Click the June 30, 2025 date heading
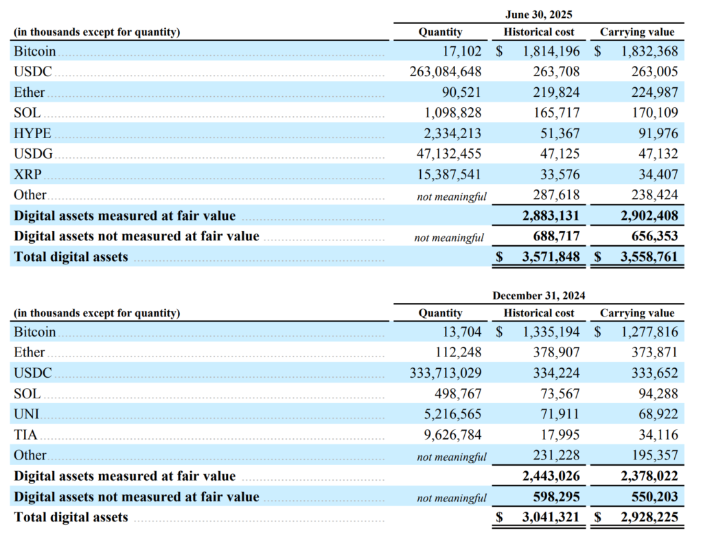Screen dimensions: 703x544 (538, 14)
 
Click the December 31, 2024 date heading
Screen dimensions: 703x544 (538, 295)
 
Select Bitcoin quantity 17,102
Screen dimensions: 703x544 (463, 51)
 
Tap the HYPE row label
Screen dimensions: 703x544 (33, 133)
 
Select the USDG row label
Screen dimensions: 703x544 (34, 154)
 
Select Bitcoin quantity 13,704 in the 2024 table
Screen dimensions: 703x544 (463, 332)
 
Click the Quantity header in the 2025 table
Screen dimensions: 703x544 (440, 32)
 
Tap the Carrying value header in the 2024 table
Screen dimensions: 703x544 (637, 313)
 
